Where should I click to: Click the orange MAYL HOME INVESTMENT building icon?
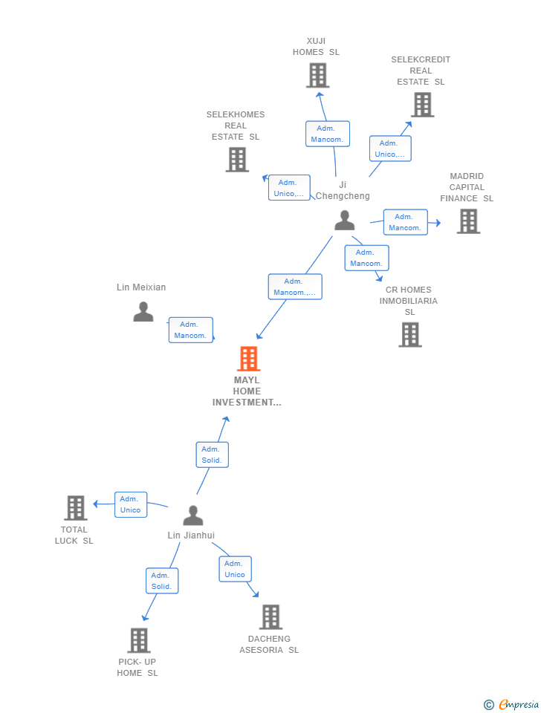248,359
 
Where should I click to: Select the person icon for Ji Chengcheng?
344,221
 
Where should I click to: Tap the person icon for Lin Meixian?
143,312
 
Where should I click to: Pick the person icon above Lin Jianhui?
193,515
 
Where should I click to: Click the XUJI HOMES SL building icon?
317,76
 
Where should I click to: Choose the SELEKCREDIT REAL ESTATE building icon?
423,105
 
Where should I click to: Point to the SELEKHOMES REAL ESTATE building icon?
237,160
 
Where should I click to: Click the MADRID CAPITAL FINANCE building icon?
469,221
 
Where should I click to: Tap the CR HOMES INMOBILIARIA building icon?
410,335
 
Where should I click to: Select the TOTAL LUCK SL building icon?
76,508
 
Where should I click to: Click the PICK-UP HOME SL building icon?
139,640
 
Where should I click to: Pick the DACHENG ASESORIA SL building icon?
270,617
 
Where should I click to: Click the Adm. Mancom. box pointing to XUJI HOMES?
328,134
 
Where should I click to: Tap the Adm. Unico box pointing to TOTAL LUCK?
131,504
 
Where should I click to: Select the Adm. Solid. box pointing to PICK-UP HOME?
162,581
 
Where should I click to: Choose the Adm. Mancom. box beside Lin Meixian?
191,330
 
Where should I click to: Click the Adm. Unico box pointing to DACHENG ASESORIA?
236,569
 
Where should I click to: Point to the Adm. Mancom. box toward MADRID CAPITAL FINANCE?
406,222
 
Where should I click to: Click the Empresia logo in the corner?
511,704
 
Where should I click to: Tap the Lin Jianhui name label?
191,535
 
